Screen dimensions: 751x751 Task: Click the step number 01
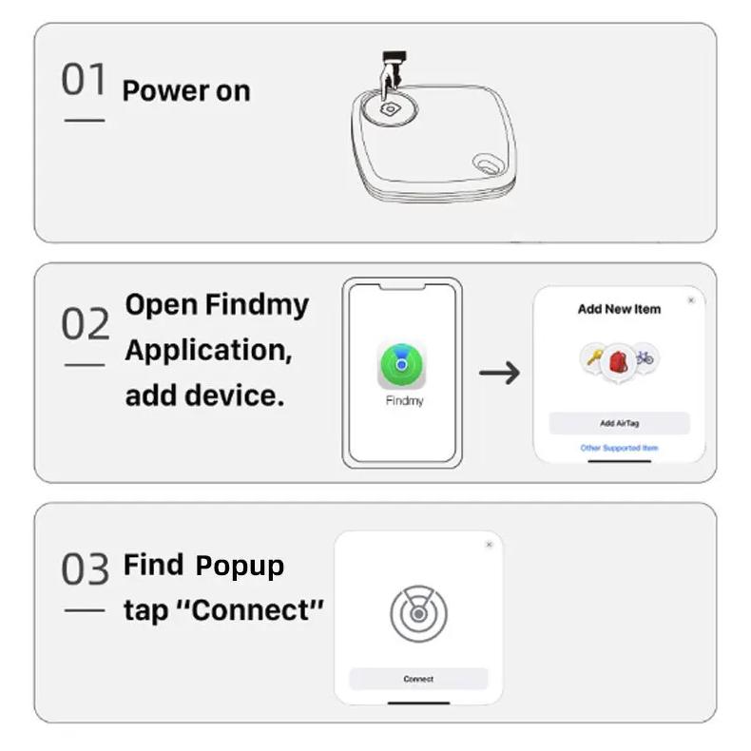[84, 79]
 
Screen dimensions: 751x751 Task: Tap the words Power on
[186, 90]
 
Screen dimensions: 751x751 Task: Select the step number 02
[86, 323]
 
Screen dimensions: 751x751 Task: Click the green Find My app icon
[402, 365]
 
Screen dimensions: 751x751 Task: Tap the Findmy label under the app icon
[405, 400]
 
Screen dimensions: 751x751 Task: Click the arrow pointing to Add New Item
[499, 373]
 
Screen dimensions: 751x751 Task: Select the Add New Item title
[619, 309]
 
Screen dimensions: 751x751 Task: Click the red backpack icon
[618, 362]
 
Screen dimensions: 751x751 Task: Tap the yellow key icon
[594, 357]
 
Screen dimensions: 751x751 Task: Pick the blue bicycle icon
[645, 357]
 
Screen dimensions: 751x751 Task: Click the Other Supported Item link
[619, 448]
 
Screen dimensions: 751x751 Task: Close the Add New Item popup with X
[691, 300]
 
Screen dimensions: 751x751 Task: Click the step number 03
[86, 568]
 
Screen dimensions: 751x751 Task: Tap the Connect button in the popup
[418, 679]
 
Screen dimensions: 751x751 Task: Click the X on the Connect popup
[489, 545]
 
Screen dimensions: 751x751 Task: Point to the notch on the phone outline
[402, 287]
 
